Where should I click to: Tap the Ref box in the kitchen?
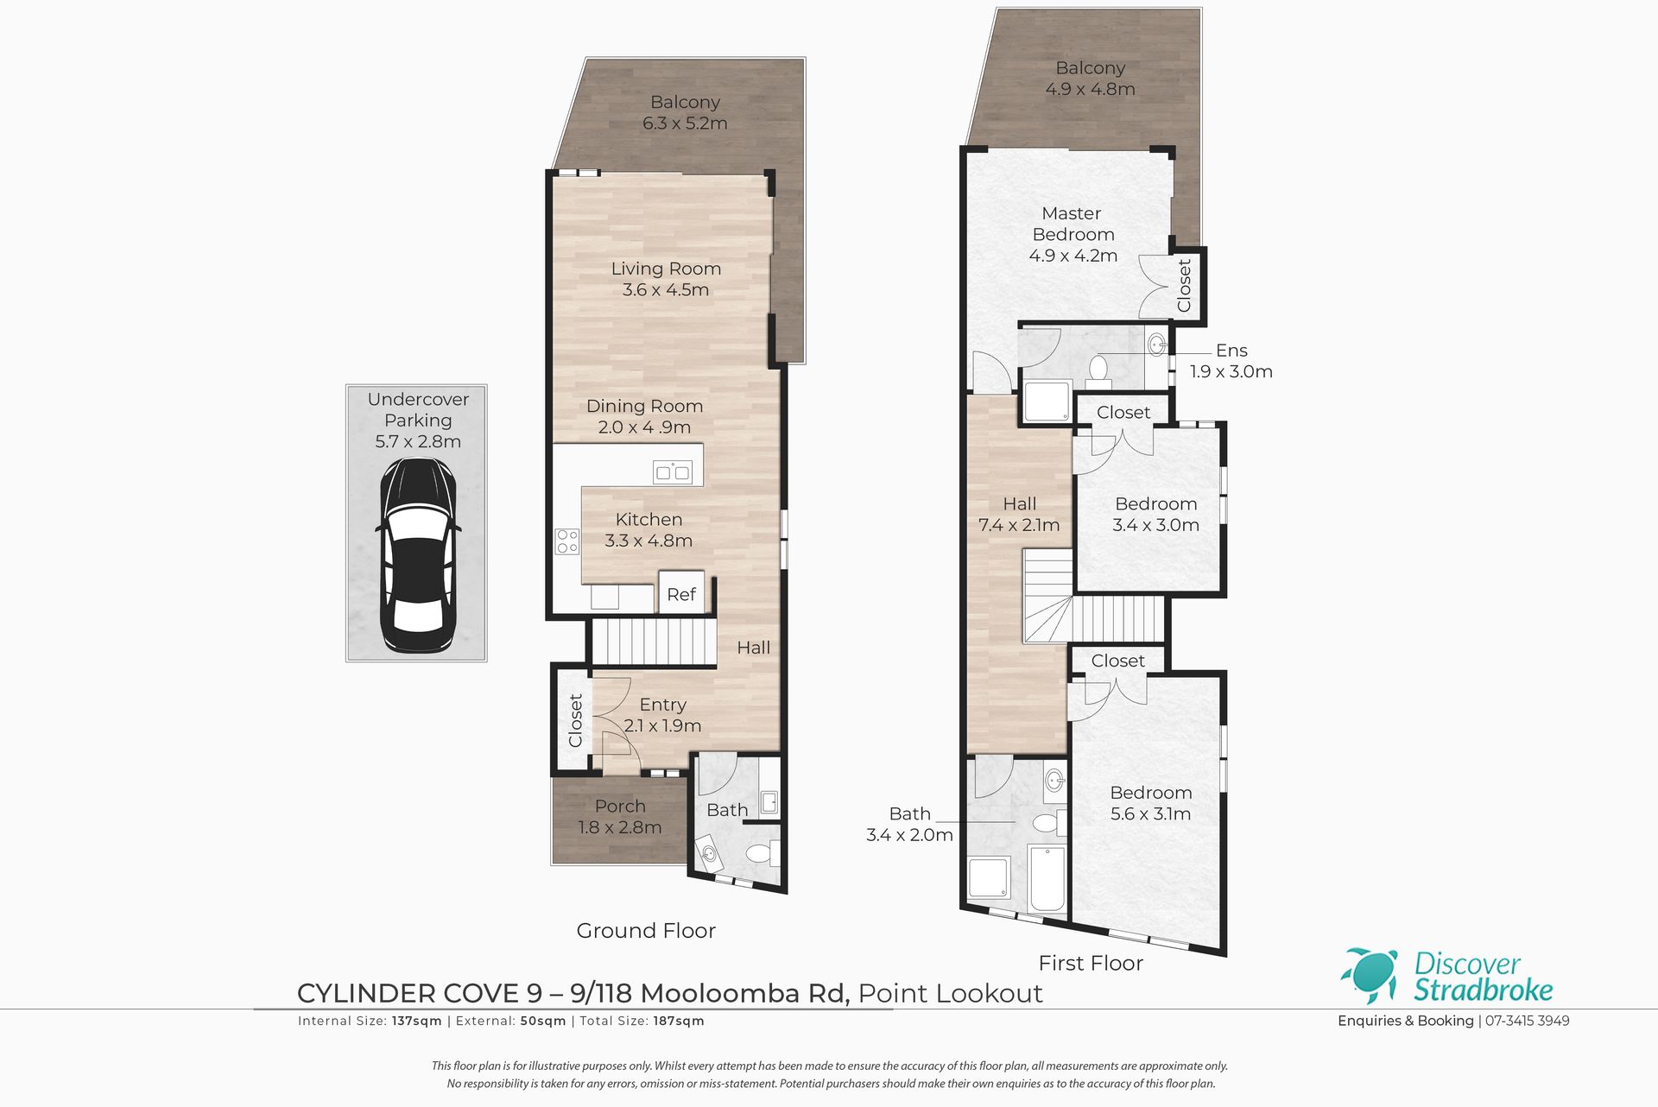[681, 592]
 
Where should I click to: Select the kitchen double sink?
[673, 472]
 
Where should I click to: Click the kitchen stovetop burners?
[567, 541]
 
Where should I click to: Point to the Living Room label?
[666, 269]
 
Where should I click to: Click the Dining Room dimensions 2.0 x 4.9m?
[644, 427]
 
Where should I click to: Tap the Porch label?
[620, 806]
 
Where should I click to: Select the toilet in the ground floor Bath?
[760, 855]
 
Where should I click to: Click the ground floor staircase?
[654, 643]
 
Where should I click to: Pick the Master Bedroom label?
[1073, 224]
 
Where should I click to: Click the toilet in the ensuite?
[1098, 368]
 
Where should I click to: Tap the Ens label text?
[1231, 351]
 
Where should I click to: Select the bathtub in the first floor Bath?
[1047, 878]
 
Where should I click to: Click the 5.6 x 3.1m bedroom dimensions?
[1150, 814]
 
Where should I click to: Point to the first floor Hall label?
[1019, 503]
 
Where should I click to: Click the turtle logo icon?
[1370, 976]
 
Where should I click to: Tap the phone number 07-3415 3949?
[1527, 1021]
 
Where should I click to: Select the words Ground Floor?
[646, 930]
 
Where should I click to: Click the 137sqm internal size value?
[416, 1021]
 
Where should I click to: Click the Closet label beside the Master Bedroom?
[1184, 286]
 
